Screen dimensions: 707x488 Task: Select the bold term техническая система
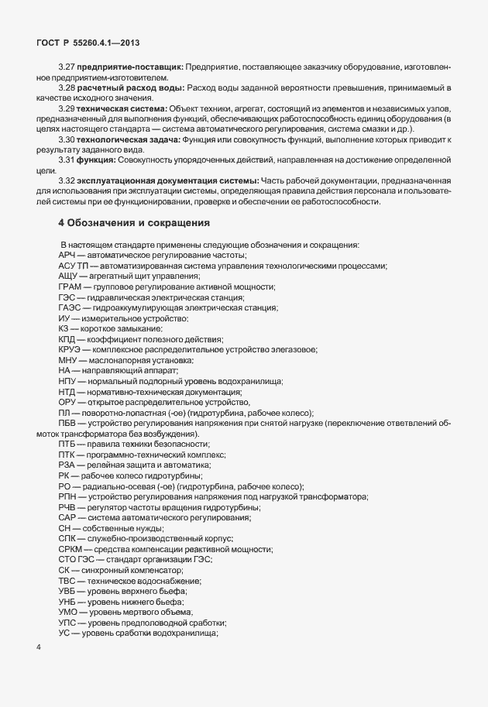122,108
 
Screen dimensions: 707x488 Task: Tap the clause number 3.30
67,139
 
